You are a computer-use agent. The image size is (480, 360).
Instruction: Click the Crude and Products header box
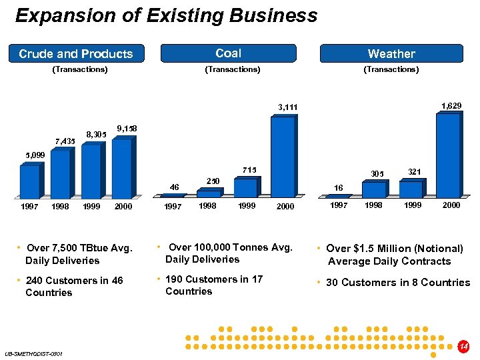(76, 53)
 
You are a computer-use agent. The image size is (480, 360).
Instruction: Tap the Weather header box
(391, 53)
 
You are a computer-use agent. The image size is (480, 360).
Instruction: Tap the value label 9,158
(127, 128)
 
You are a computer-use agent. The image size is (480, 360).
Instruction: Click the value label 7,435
(65, 141)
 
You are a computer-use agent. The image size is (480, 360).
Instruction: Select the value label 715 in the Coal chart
(250, 170)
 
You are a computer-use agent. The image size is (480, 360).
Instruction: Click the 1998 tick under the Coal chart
(208, 206)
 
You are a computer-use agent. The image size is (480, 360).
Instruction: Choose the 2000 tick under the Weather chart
(451, 205)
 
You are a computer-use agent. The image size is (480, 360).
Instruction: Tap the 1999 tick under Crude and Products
(91, 207)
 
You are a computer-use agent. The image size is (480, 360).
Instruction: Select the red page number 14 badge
(464, 347)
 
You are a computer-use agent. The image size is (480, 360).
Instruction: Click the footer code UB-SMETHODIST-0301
(33, 353)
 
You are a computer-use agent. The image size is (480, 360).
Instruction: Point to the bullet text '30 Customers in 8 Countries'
(398, 283)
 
